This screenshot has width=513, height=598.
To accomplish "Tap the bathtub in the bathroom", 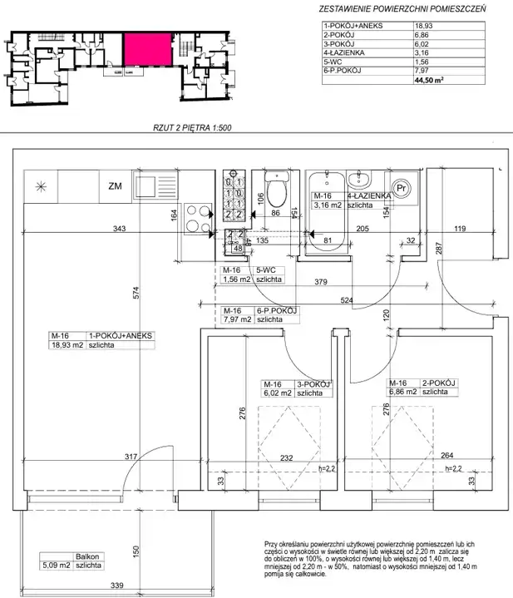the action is (x=328, y=211).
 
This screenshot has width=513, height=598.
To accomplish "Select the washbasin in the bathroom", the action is (x=358, y=180).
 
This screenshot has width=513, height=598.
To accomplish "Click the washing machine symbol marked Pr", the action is (x=401, y=189).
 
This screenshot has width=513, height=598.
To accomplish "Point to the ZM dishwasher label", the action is (x=115, y=186).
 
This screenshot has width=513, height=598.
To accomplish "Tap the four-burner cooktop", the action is (x=198, y=219).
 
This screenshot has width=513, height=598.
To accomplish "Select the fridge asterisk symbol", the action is (x=41, y=187).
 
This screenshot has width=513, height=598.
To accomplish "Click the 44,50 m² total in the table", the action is (x=429, y=80).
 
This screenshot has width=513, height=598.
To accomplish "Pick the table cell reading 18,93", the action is (x=423, y=26).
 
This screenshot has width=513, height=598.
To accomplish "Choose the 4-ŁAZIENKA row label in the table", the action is (x=344, y=52).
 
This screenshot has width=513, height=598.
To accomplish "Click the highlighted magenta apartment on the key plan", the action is (x=147, y=50).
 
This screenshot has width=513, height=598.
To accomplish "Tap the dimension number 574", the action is (x=136, y=293).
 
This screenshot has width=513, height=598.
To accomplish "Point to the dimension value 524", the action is (x=347, y=300).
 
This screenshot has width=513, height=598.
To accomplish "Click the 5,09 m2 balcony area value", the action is (x=57, y=566).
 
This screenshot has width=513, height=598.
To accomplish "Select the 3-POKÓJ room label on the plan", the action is (x=313, y=384).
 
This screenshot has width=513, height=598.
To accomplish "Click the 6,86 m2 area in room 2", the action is (x=402, y=392).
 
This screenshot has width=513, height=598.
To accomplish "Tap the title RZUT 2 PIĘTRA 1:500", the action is (x=192, y=128).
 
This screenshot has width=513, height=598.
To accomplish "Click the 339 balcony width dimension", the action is (x=117, y=586).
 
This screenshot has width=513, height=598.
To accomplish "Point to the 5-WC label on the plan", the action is (x=266, y=270).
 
